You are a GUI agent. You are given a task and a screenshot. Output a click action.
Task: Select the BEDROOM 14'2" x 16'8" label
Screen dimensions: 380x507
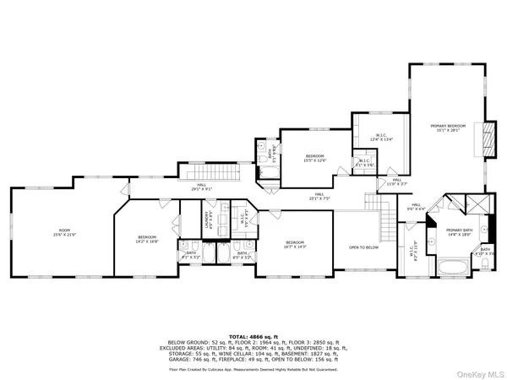[148, 239]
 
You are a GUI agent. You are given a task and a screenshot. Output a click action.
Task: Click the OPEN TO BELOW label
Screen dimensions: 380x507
[364, 247]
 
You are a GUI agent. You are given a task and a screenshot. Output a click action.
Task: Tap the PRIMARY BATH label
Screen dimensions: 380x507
[460, 232]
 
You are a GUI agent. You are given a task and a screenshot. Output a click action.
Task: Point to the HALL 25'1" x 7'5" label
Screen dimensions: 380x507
[320, 197]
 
